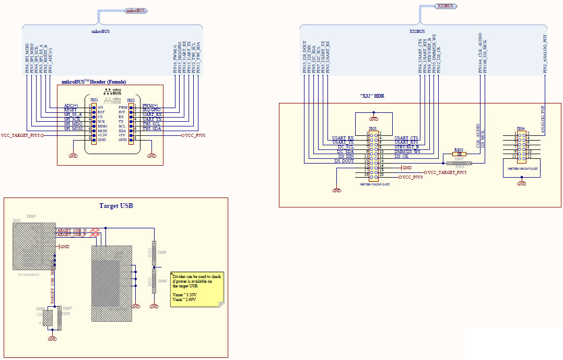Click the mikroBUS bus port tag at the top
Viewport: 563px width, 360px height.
point(135,10)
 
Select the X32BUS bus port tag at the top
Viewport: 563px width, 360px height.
point(444,6)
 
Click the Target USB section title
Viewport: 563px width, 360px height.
point(116,206)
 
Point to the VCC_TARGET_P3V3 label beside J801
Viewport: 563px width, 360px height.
point(21,135)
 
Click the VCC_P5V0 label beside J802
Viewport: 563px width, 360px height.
point(195,135)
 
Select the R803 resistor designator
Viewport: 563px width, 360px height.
point(459,150)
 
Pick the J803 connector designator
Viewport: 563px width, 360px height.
point(372,129)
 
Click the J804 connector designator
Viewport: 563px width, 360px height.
point(520,129)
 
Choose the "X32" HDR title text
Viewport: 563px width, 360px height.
point(372,96)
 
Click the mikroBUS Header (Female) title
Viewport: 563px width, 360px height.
point(94,82)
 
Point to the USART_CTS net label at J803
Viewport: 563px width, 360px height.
point(406,137)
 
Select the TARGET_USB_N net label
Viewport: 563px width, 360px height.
point(71,230)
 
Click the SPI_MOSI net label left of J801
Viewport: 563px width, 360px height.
point(73,129)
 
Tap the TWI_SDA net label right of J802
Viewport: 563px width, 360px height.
point(153,129)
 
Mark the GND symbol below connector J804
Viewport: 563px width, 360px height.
point(521,183)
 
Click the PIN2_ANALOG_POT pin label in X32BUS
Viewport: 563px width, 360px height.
point(545,54)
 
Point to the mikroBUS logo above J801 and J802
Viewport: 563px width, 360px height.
point(113,98)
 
